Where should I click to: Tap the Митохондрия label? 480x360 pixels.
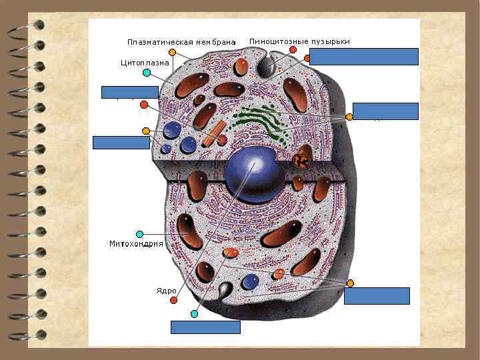[136, 244]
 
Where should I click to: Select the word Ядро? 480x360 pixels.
[167, 291]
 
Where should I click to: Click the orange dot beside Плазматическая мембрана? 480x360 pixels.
[172, 52]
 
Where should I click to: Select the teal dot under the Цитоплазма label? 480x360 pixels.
[146, 72]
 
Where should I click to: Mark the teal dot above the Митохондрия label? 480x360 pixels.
[139, 234]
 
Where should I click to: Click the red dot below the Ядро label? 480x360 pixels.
[173, 301]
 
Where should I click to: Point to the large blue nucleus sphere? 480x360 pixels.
[255, 174]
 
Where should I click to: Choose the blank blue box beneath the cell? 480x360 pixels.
[205, 327]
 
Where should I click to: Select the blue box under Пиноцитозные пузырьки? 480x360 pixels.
[363, 57]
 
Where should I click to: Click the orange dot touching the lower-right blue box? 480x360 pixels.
[350, 283]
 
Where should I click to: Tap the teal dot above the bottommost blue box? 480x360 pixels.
[194, 313]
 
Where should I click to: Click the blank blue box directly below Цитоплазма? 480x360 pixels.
[129, 92]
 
